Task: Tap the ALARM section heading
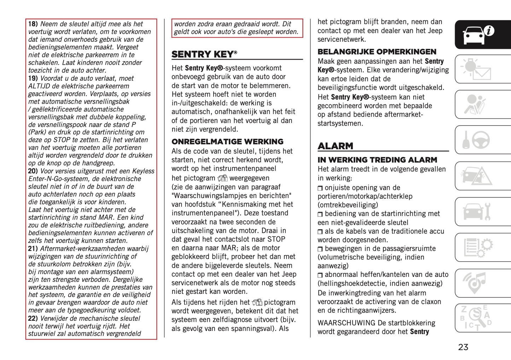pyautogui.click(x=335, y=146)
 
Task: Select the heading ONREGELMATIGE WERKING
pyautogui.click(x=227, y=142)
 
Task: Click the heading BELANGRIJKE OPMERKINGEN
pyautogui.click(x=377, y=52)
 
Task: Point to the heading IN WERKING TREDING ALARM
pyautogui.click(x=377, y=160)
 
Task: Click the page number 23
pyautogui.click(x=463, y=347)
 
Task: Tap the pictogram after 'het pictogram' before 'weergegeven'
pyautogui.click(x=222, y=178)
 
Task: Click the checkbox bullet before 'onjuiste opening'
pyautogui.click(x=320, y=188)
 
